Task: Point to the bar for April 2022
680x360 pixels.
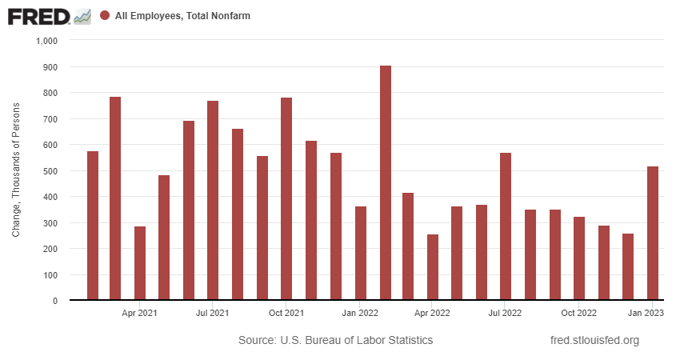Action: pyautogui.click(x=433, y=267)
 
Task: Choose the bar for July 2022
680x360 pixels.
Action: pyautogui.click(x=506, y=226)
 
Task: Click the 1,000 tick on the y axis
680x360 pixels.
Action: pyautogui.click(x=47, y=41)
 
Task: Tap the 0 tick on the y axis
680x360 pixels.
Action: pyautogui.click(x=56, y=301)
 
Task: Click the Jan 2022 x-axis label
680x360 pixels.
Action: pyautogui.click(x=360, y=313)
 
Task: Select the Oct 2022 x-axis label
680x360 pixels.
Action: pyautogui.click(x=578, y=313)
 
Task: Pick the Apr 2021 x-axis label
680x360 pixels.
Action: pyautogui.click(x=139, y=313)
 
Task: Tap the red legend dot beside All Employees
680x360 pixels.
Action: pyautogui.click(x=105, y=16)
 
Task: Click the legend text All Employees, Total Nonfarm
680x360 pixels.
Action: pyautogui.click(x=183, y=16)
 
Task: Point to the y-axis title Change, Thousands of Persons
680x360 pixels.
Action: pyautogui.click(x=16, y=170)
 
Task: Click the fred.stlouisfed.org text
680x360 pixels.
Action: pyautogui.click(x=595, y=341)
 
